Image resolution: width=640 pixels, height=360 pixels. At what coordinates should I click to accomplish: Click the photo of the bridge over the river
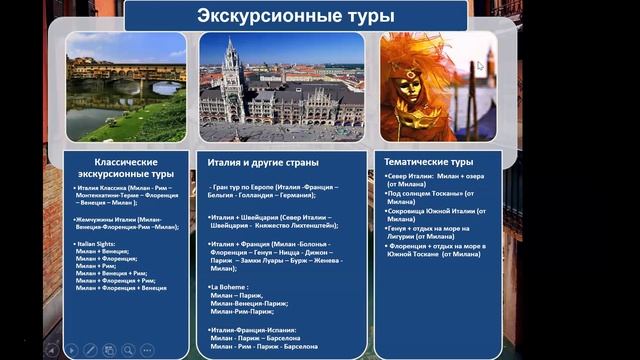126,88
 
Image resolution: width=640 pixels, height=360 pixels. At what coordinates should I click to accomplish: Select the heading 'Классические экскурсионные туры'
126,166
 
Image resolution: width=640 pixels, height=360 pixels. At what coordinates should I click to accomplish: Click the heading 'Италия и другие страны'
263,161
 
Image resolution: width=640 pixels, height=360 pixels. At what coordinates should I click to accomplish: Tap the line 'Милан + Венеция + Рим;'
111,272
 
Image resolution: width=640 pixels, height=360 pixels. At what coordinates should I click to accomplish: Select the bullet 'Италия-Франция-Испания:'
255,329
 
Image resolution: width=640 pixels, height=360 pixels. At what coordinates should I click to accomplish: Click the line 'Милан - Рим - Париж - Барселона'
263,346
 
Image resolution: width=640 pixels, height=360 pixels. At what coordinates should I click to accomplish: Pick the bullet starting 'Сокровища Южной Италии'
436,211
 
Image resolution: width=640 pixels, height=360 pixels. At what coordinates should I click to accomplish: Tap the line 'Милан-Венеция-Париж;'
249,303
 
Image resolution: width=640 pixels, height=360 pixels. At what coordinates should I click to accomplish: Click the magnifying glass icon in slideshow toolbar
128,350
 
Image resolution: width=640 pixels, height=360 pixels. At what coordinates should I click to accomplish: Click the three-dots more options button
147,350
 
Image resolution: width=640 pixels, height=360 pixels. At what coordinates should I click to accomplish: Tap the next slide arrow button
71,350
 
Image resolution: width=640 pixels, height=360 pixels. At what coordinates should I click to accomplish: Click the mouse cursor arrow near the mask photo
480,66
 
